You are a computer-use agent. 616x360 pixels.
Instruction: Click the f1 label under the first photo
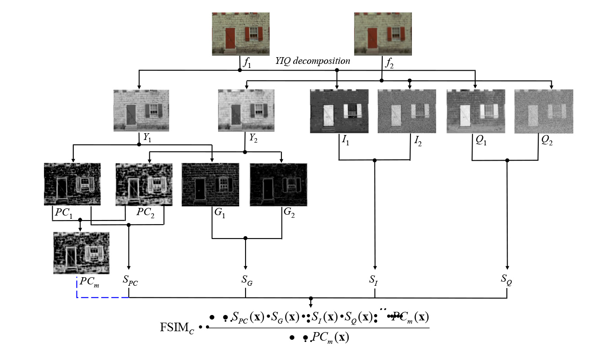click(247, 63)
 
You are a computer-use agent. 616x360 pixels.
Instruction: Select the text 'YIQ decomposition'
click(312, 61)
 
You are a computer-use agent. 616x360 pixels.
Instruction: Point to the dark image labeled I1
click(339, 111)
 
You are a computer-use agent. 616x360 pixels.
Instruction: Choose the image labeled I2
click(406, 111)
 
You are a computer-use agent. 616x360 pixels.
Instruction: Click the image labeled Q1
click(476, 111)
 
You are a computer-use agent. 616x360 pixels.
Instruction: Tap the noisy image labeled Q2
click(544, 111)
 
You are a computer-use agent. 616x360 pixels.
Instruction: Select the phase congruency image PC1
click(72, 184)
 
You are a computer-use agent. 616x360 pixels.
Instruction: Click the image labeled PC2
click(144, 184)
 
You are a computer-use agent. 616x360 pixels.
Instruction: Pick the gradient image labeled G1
click(210, 184)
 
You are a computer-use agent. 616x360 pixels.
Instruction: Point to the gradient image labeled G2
click(278, 184)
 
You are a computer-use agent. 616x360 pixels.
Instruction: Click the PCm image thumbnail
click(81, 253)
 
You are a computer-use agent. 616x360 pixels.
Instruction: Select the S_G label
click(246, 281)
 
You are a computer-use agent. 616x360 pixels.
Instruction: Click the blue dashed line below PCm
click(103, 297)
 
